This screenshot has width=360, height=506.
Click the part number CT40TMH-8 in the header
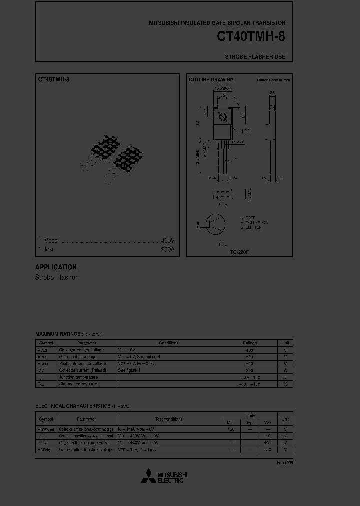coord(251,37)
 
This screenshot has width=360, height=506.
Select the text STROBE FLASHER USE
coord(255,57)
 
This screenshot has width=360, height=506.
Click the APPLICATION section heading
coord(56,267)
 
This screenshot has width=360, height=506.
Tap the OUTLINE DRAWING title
coord(211,80)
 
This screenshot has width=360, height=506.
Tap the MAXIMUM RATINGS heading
coord(58,334)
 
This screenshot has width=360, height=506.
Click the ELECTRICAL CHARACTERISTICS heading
coord(73,406)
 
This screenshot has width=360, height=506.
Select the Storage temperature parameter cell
coord(78,384)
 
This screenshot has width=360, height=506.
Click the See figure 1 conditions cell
coord(129,370)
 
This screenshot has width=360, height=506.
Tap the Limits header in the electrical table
coord(249,416)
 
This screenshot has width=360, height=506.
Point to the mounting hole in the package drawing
coord(223,118)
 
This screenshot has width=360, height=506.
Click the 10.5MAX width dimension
coord(221,88)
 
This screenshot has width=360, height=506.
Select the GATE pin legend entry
coord(249,218)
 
